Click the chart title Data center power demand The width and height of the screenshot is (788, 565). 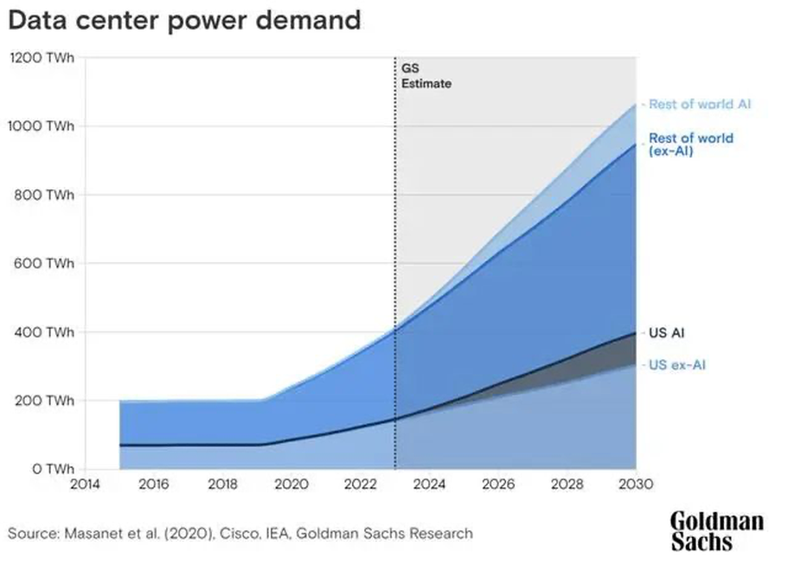coord(183,21)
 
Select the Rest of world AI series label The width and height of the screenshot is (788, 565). coord(702,104)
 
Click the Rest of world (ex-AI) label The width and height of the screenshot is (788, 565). coord(691,144)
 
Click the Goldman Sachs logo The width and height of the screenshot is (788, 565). coord(717,531)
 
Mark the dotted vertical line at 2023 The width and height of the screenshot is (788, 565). coord(395,260)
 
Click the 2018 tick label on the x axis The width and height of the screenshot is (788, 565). coord(222,485)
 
